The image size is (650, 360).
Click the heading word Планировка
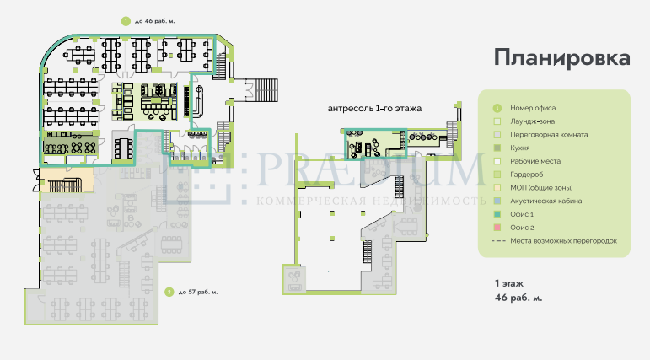pyautogui.click(x=562, y=57)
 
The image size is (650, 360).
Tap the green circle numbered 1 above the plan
pyautogui.click(x=126, y=21)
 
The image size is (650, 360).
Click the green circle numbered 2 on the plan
pyautogui.click(x=169, y=292)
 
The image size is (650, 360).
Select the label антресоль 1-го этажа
pyautogui.click(x=374, y=109)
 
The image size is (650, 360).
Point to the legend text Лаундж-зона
pyautogui.click(x=532, y=121)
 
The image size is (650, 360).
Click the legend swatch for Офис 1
pyautogui.click(x=497, y=214)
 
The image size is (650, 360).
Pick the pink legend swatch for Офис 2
pyautogui.click(x=497, y=228)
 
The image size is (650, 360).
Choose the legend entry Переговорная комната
pyautogui.click(x=549, y=135)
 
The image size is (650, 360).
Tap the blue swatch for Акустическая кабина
pyautogui.click(x=497, y=201)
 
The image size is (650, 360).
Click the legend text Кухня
pyautogui.click(x=520, y=148)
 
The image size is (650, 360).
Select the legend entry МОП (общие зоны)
pyautogui.click(x=541, y=188)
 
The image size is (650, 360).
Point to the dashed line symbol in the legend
pyautogui.click(x=498, y=241)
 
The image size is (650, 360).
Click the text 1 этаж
pyautogui.click(x=509, y=283)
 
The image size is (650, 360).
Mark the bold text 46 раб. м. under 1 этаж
pyautogui.click(x=518, y=298)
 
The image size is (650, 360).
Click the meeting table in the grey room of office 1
pyautogui.click(x=123, y=148)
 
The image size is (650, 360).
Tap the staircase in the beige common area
pyautogui.click(x=64, y=185)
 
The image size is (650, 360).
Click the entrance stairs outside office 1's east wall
pyautogui.click(x=266, y=89)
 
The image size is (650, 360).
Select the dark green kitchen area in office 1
pyautogui.click(x=71, y=146)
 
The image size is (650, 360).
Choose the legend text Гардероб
pyautogui.click(x=526, y=175)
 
